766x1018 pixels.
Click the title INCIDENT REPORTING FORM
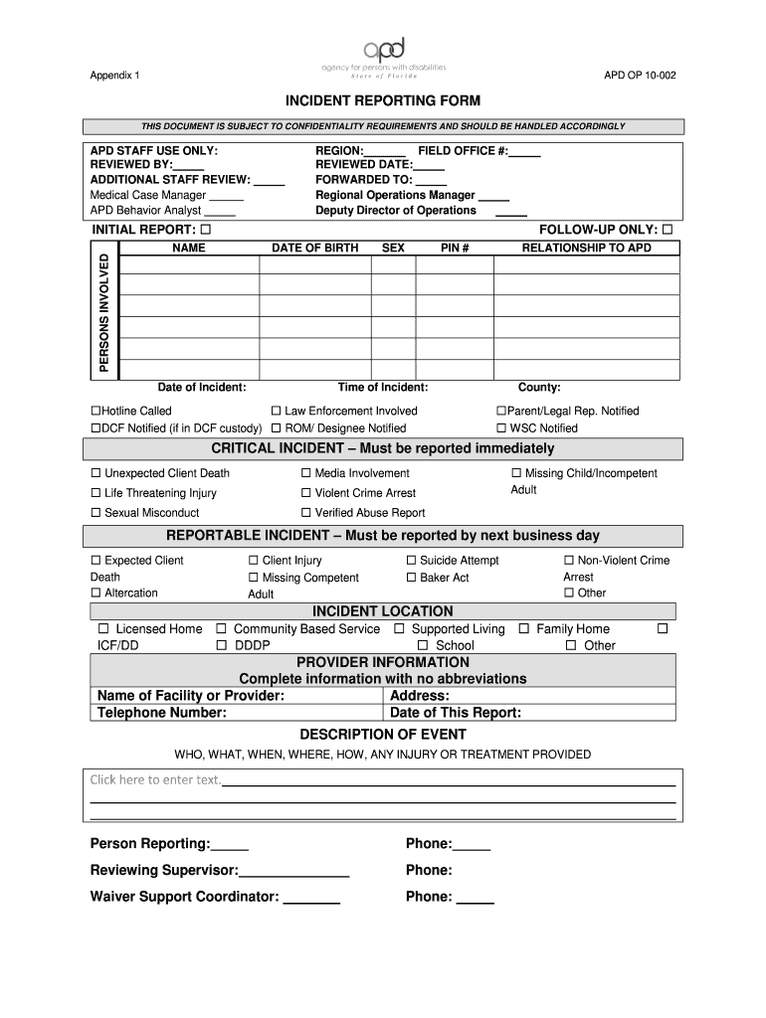(x=383, y=101)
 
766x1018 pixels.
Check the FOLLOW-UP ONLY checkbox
(x=668, y=230)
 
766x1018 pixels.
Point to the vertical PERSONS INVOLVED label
(x=102, y=311)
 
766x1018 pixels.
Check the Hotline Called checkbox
(x=96, y=411)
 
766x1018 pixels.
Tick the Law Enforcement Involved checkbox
(x=277, y=411)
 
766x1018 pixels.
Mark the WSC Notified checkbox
(x=501, y=428)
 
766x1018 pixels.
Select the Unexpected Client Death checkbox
(x=96, y=473)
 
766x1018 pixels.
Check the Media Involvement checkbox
(x=306, y=473)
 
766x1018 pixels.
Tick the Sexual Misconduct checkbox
(x=96, y=513)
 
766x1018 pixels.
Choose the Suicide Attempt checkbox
(x=411, y=561)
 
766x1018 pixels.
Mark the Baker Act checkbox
(x=411, y=578)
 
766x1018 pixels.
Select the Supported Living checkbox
(x=399, y=629)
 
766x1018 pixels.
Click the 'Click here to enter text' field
(x=156, y=779)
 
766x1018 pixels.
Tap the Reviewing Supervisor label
(x=164, y=870)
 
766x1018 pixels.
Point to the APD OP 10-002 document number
(x=640, y=76)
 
